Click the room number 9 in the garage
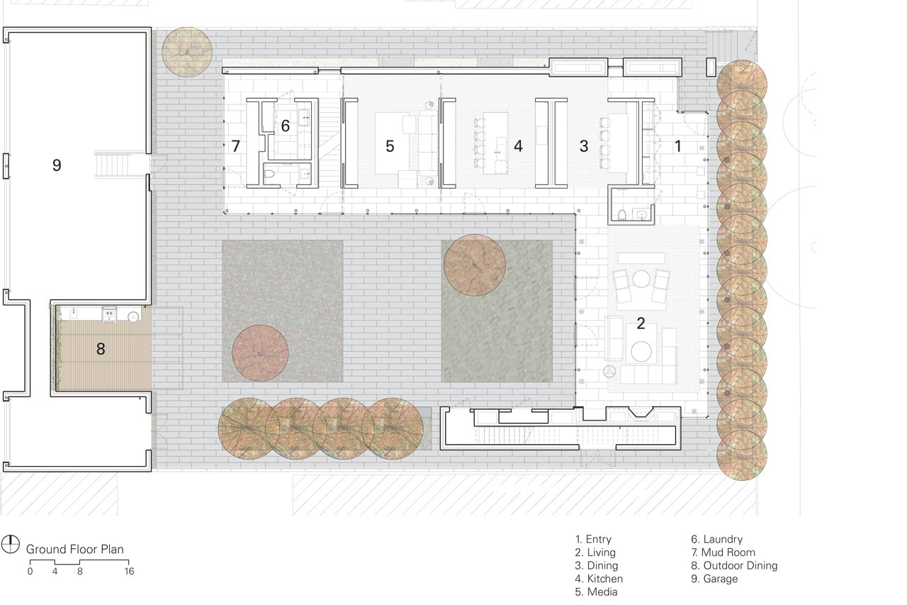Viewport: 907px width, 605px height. (x=57, y=165)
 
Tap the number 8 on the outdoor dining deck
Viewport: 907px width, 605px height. (x=101, y=349)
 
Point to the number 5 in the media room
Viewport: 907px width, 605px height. (x=390, y=146)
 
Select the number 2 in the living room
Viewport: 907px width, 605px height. (x=641, y=323)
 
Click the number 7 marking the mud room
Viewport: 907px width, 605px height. (x=236, y=146)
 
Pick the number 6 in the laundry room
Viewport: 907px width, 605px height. (x=286, y=126)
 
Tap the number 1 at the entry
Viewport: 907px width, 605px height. (x=678, y=146)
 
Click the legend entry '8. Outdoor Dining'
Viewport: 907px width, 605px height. (x=734, y=565)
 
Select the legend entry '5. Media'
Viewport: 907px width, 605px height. (x=596, y=592)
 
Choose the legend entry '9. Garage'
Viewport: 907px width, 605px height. (x=714, y=579)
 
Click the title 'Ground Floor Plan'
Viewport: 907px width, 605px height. (x=75, y=550)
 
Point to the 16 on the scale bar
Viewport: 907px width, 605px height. (x=129, y=572)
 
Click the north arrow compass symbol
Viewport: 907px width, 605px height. (x=10, y=544)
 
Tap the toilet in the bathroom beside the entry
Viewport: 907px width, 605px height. (x=622, y=214)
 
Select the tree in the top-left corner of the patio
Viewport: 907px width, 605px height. (x=187, y=52)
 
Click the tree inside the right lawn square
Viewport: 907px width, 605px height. (x=475, y=265)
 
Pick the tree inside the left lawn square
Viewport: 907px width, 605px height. (x=260, y=353)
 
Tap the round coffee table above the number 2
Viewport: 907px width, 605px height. (x=641, y=279)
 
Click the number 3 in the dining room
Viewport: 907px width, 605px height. (x=583, y=146)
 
